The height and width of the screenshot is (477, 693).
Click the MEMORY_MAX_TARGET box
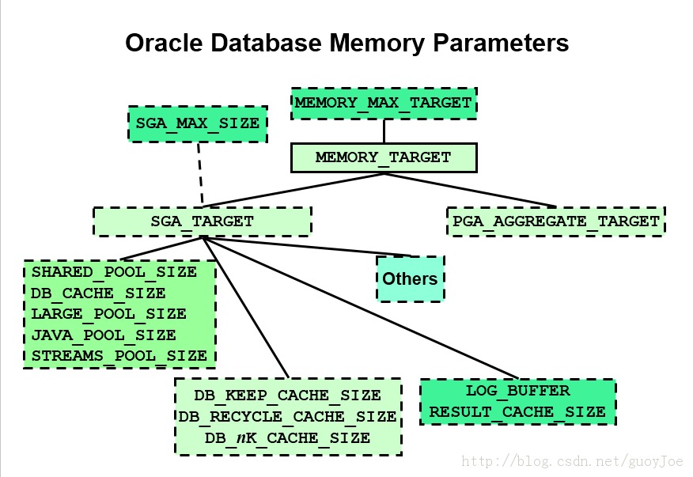pyautogui.click(x=384, y=103)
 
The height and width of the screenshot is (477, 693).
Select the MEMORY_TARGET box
pyautogui.click(x=384, y=157)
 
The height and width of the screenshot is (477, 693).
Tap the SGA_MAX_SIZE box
pyautogui.click(x=197, y=124)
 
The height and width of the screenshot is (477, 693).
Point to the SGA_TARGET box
pyautogui.click(x=202, y=221)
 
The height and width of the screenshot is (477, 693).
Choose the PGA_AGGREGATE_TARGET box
pyautogui.click(x=556, y=221)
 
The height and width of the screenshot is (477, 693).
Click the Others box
pyautogui.click(x=410, y=278)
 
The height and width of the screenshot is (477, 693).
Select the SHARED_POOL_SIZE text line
pyautogui.click(x=114, y=272)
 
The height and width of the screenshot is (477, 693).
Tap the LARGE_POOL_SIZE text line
pyautogui.click(x=109, y=314)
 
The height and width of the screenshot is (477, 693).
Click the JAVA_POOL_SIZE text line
pyautogui.click(x=104, y=335)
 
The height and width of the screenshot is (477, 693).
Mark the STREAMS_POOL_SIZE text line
pyautogui.click(x=119, y=356)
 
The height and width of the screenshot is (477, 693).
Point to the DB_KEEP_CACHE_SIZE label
pyautogui.click(x=287, y=395)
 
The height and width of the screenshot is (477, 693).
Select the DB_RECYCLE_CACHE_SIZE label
pyautogui.click(x=287, y=416)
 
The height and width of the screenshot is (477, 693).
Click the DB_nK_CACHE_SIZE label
pyautogui.click(x=287, y=437)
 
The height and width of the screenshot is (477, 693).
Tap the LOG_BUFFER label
pyautogui.click(x=517, y=391)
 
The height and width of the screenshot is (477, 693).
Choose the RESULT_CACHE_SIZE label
pyautogui.click(x=517, y=411)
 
